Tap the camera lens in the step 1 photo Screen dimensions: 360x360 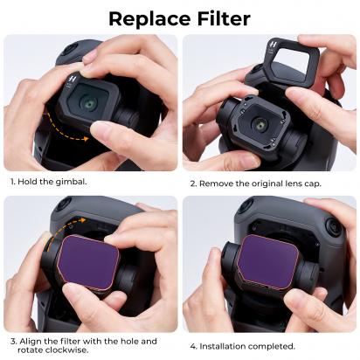[89, 103]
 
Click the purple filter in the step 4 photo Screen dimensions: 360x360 [271, 263]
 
